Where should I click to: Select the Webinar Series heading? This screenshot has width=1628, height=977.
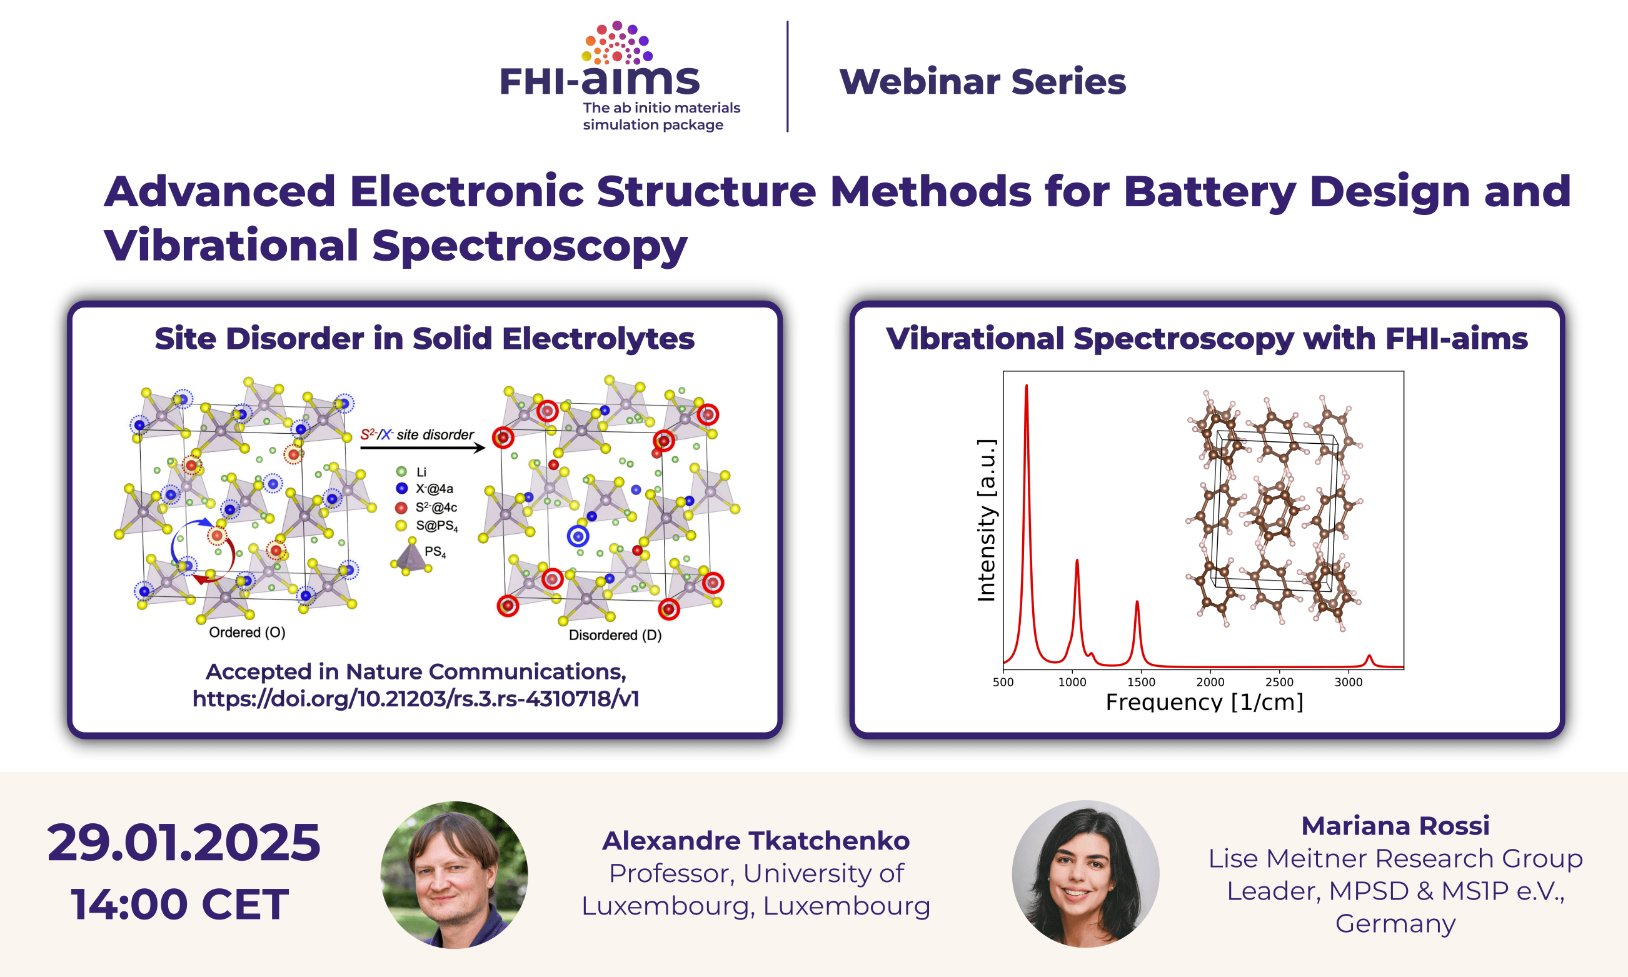pos(982,82)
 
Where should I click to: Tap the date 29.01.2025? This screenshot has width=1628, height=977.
pos(184,842)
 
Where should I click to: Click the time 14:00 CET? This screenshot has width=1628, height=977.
pos(179,904)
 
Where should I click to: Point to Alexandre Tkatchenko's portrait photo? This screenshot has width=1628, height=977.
pos(455,874)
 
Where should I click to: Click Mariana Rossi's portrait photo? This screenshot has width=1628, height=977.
pos(1085,874)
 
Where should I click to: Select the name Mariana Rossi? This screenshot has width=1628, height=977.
pos(1395,826)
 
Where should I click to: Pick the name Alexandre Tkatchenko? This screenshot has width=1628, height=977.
pos(756,841)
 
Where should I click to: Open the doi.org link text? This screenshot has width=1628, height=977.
pos(415,698)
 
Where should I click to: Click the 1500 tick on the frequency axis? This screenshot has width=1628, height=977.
pos(1141,682)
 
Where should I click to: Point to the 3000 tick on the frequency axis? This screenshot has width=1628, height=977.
pos(1347,682)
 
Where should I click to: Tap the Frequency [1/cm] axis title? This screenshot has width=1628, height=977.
pos(1204,703)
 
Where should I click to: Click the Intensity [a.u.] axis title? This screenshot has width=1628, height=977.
pos(985,520)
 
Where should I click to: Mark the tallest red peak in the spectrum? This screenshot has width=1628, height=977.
pos(1027,386)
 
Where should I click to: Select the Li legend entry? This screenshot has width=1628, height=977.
pos(411,472)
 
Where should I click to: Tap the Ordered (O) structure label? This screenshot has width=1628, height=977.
pos(247,633)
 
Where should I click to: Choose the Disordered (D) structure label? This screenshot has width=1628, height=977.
pos(615,635)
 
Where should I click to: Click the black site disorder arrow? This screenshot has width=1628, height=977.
pos(423,448)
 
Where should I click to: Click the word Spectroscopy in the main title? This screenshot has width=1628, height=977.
pos(530,246)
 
